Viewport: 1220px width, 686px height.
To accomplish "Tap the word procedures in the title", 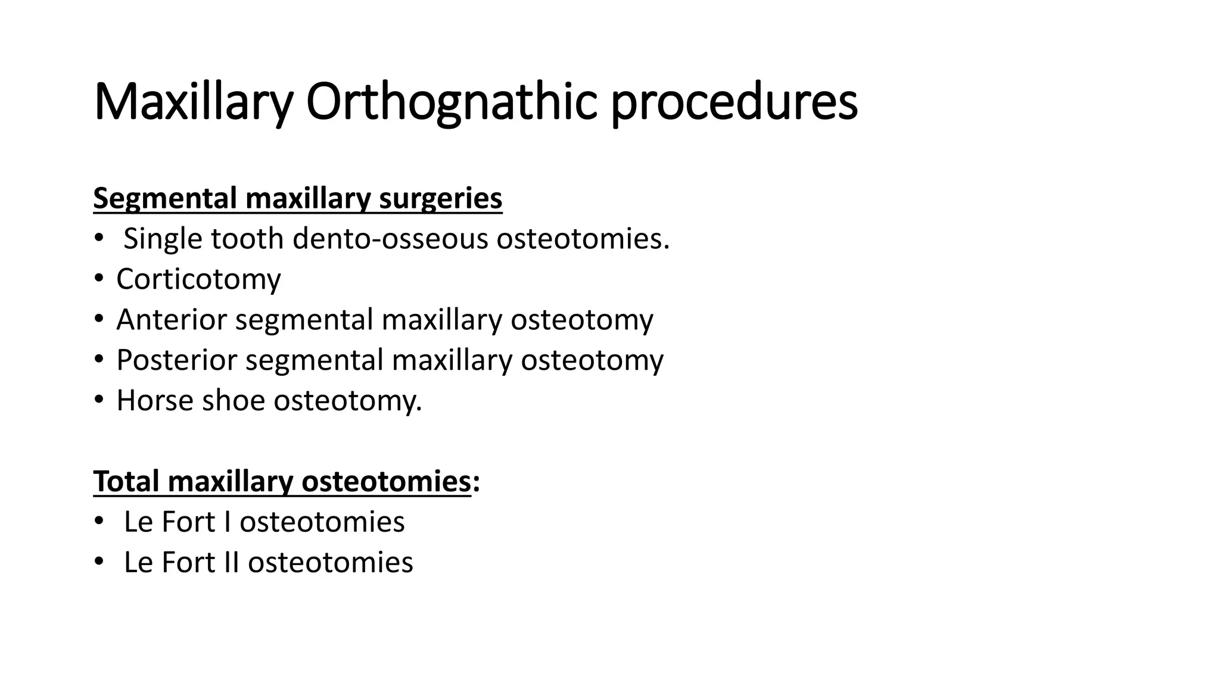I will coord(734,102).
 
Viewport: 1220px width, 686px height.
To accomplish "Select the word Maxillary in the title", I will coord(193,102).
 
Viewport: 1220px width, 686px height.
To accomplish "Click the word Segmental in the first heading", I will coord(165,198).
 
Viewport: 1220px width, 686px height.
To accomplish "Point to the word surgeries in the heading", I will coord(440,198).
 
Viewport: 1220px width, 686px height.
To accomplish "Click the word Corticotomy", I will coord(198,279).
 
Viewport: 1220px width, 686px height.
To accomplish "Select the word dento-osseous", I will coord(390,239).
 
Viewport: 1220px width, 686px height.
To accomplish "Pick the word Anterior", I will coord(172,320).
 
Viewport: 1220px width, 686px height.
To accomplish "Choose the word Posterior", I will coord(176,360).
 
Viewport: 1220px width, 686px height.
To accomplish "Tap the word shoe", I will coord(234,401).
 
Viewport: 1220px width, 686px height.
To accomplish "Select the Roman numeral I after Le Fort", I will coord(227,522).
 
